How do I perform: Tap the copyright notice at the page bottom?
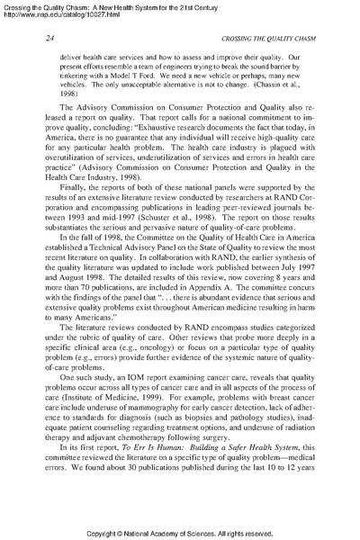(x=180, y=531)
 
